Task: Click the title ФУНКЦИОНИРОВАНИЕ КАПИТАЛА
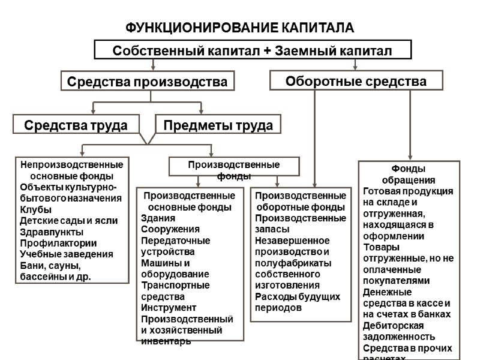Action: [x=240, y=28]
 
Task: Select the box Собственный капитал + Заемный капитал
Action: [x=253, y=50]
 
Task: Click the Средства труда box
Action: [x=75, y=125]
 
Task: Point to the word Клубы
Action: [x=35, y=209]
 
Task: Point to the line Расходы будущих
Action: [x=298, y=296]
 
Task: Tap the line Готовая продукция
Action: [x=408, y=191]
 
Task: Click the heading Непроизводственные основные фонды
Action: [x=72, y=170]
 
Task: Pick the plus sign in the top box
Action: [x=267, y=51]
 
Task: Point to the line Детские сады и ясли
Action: [x=68, y=220]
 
